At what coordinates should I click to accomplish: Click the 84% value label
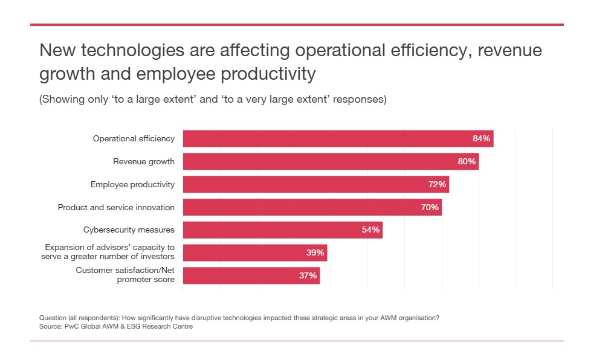click(481, 139)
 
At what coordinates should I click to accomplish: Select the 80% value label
click(467, 162)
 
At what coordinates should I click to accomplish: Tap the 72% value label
click(437, 184)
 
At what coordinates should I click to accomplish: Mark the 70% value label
click(430, 207)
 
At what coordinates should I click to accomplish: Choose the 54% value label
click(370, 230)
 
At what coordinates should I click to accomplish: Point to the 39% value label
click(315, 253)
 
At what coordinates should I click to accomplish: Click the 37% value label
click(308, 276)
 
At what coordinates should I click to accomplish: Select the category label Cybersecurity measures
click(129, 230)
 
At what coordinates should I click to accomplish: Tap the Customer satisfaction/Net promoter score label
click(125, 275)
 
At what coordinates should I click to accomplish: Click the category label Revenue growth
click(144, 162)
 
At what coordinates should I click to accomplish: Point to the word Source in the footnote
click(50, 326)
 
